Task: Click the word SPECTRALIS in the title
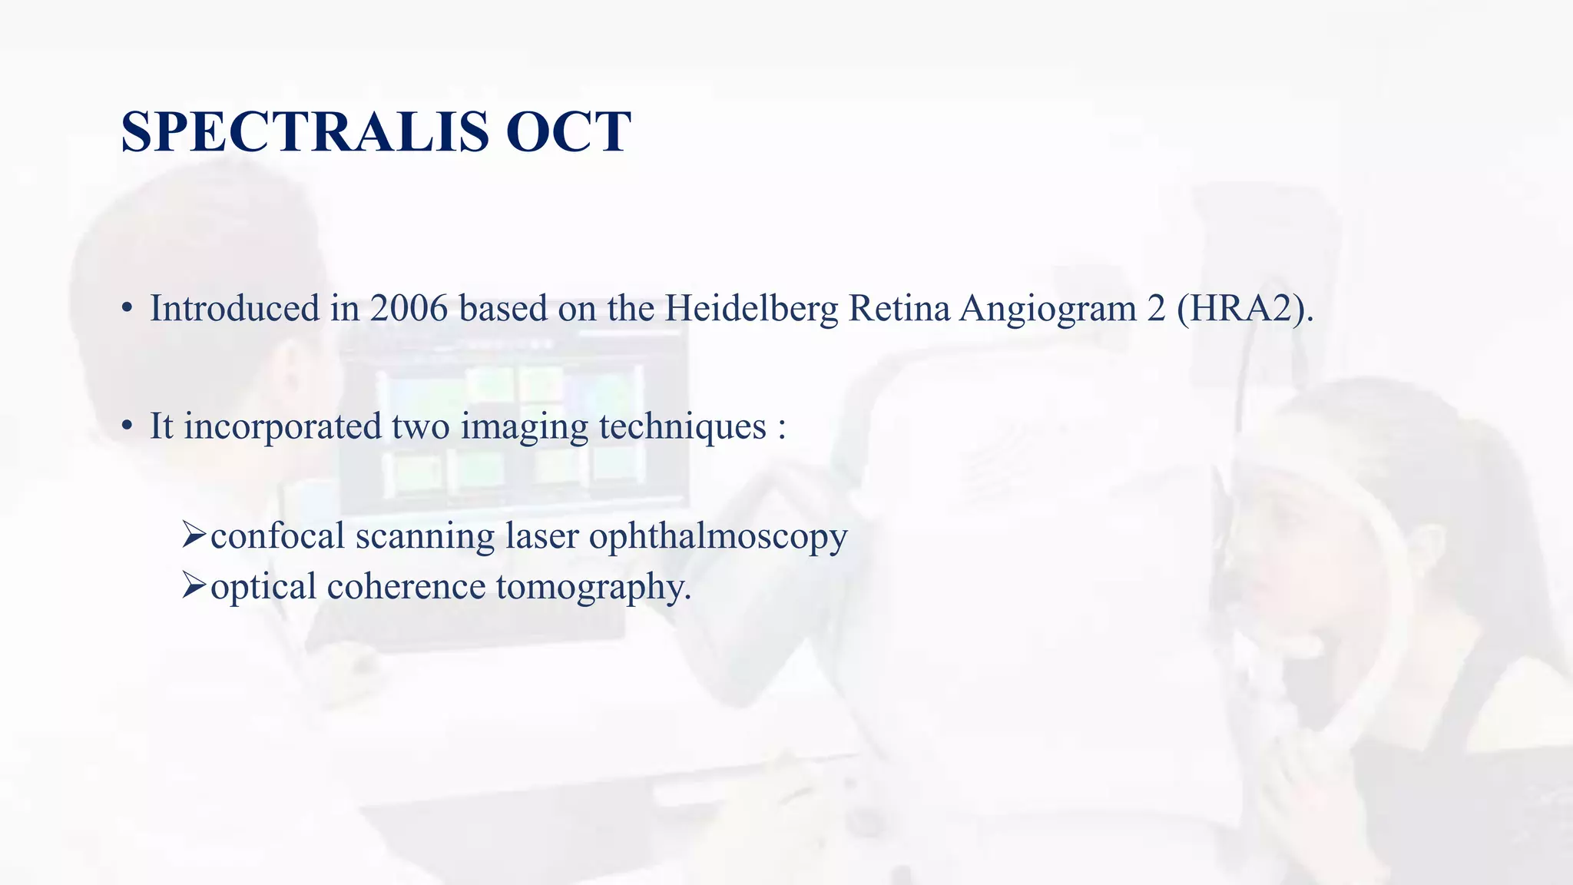305,132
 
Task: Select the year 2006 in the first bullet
408,309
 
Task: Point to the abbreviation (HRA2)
1244,309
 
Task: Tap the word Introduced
234,309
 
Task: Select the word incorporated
282,427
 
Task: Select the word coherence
406,587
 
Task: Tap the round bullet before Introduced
127,310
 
